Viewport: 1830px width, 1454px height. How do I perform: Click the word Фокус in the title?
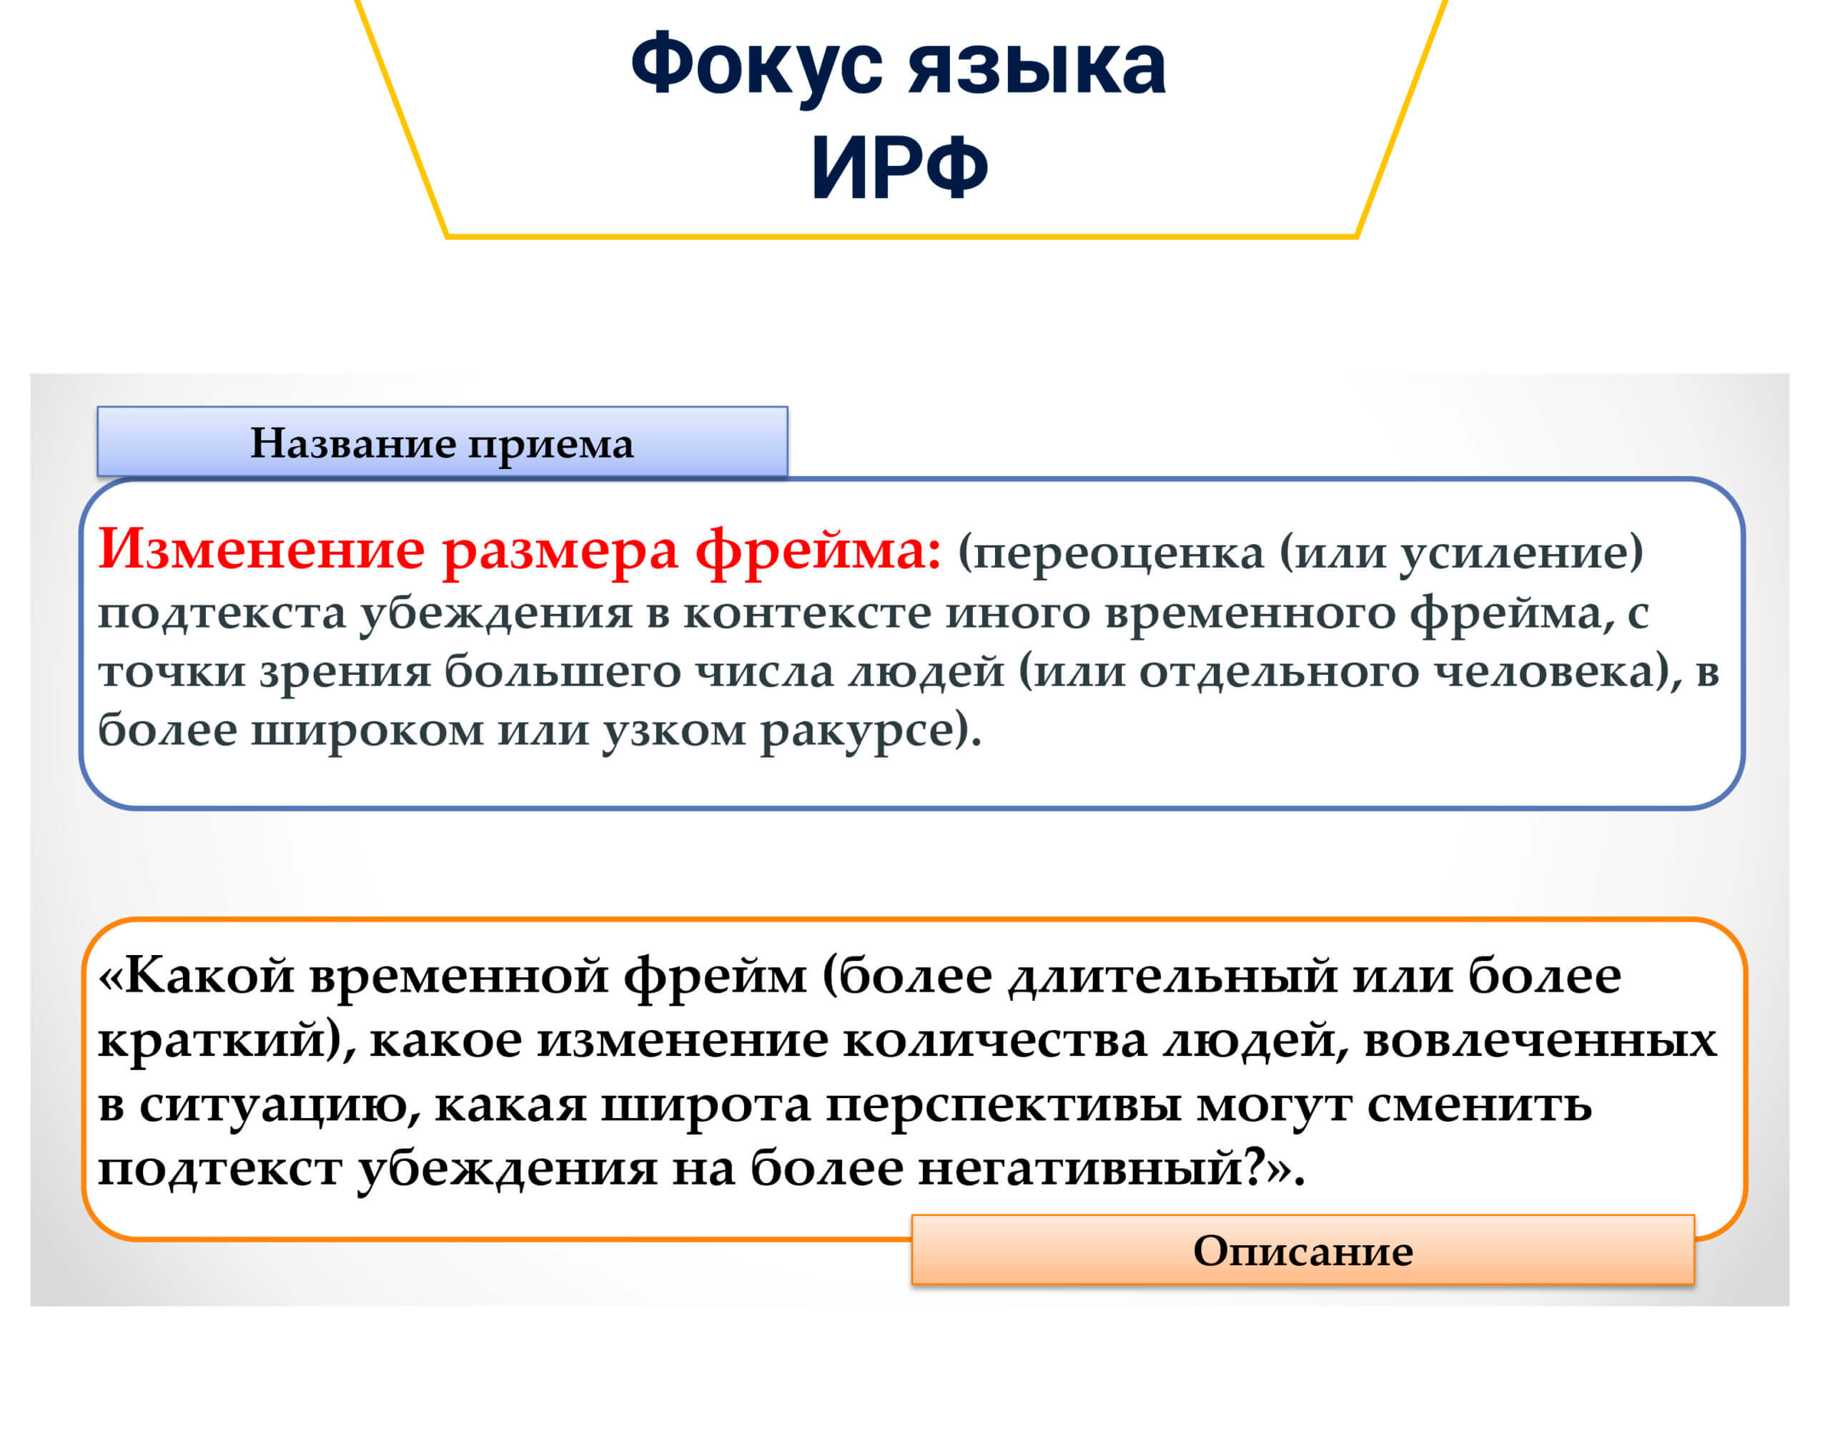tap(757, 66)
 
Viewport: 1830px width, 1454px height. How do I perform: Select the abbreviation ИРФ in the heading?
tap(900, 167)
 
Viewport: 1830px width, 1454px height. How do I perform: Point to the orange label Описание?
tap(1303, 1250)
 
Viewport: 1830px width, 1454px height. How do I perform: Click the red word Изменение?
tap(262, 550)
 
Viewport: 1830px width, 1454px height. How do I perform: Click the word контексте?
tap(807, 613)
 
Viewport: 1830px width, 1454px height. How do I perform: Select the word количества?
tap(995, 1041)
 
